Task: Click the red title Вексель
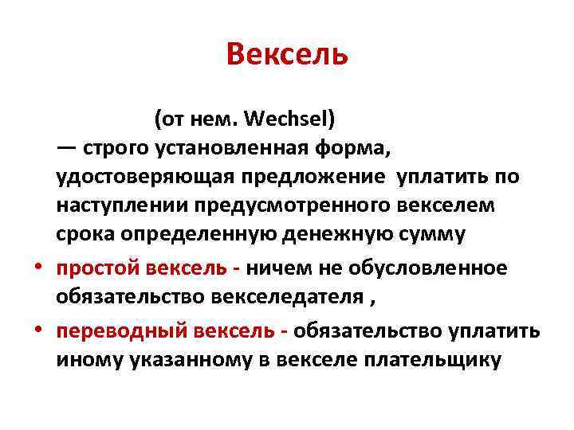click(x=287, y=56)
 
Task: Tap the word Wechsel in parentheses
click(x=289, y=120)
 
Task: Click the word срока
click(x=88, y=234)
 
